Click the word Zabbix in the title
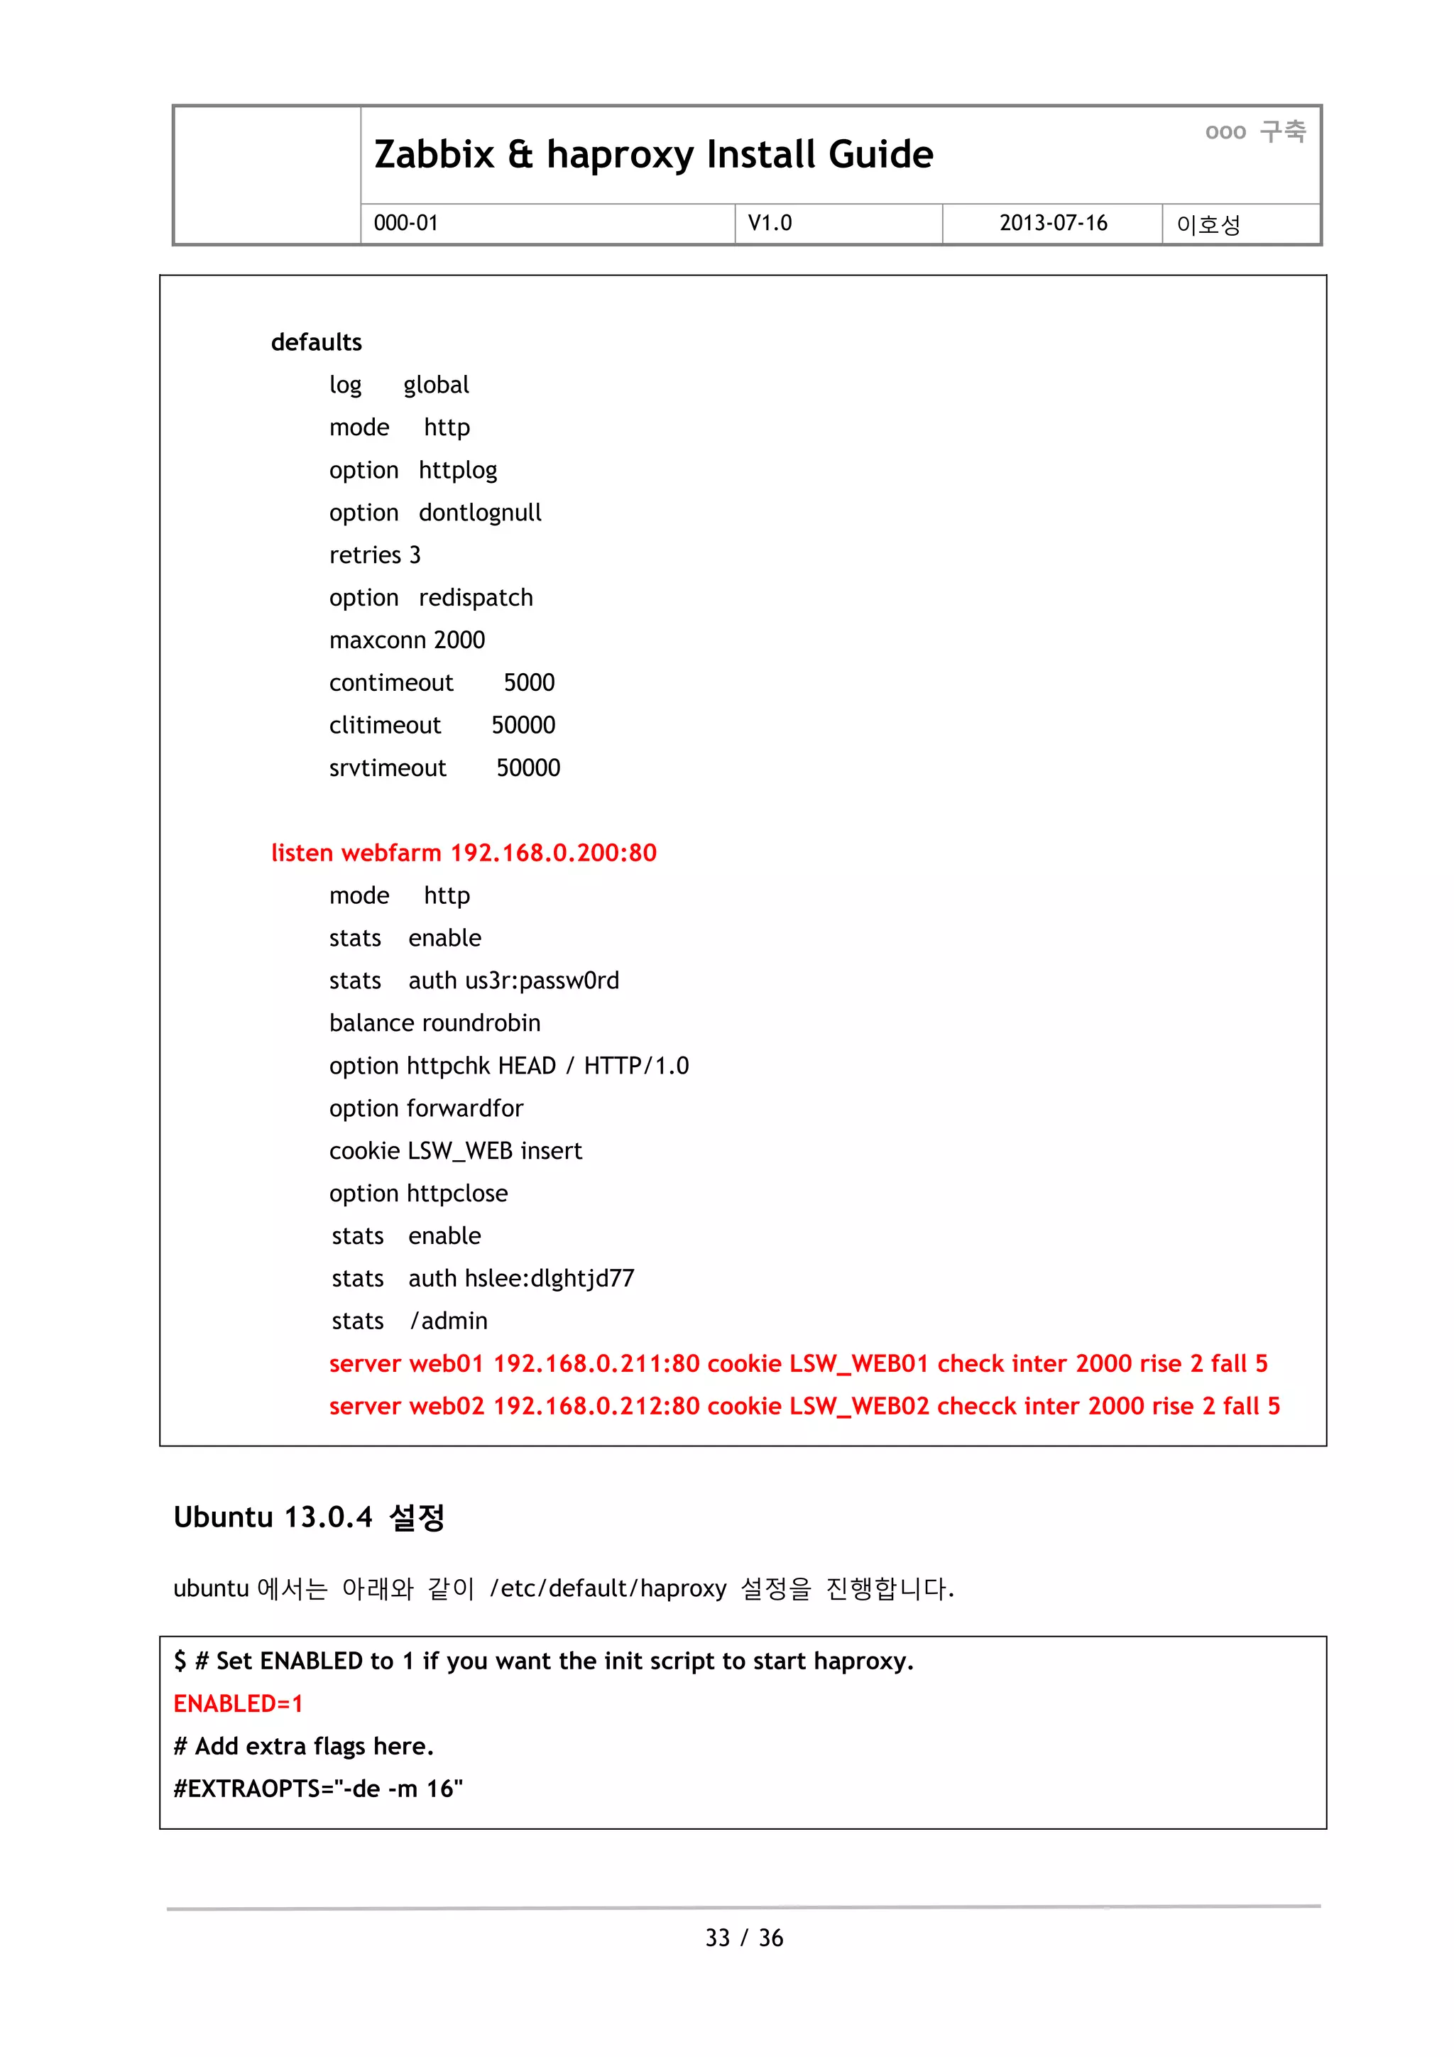434,154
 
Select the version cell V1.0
770,223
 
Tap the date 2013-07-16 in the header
1053,223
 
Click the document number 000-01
406,223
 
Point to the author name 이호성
1208,224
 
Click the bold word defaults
316,342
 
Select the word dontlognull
479,513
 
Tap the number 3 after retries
415,555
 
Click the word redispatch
475,598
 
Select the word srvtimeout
387,768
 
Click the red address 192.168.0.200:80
553,853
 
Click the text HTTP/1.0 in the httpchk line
636,1066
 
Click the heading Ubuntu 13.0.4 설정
309,1517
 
